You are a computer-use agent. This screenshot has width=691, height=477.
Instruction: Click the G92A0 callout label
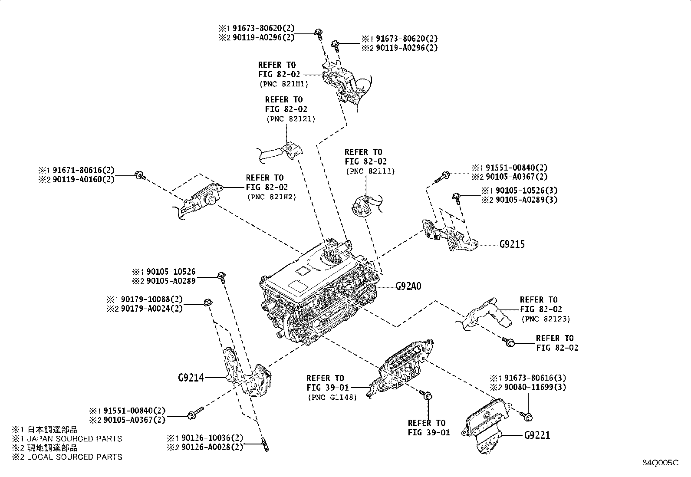(408, 287)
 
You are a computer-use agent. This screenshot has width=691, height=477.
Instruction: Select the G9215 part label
(512, 244)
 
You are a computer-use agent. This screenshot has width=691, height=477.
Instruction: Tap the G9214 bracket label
(191, 378)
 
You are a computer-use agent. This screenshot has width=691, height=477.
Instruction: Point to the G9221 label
(537, 435)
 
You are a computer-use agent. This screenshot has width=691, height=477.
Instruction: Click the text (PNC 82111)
(370, 171)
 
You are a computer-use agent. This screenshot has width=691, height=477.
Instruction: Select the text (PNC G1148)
(332, 397)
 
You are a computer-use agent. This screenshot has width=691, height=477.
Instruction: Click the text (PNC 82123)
(546, 319)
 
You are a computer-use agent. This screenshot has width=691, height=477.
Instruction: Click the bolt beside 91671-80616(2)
(140, 175)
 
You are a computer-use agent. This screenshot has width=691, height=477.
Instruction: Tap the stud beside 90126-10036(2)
(264, 445)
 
